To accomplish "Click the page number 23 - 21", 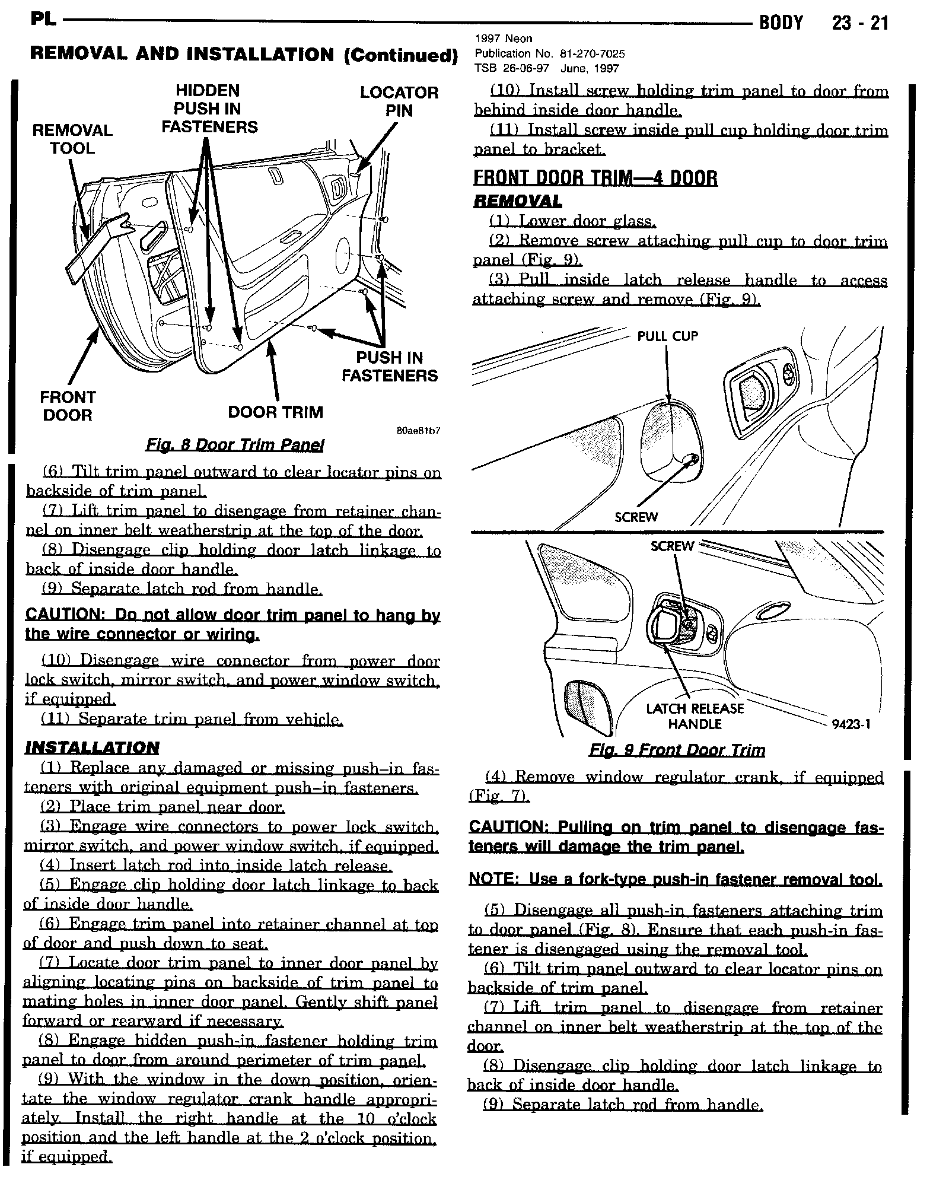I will pyautogui.click(x=859, y=23).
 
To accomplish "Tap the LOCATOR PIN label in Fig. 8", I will pyautogui.click(x=399, y=101).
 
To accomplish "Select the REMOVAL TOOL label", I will pyautogui.click(x=72, y=139).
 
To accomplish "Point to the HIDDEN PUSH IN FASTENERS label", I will pyautogui.click(x=209, y=109).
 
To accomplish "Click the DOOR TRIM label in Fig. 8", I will pyautogui.click(x=276, y=412).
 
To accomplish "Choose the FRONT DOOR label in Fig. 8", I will pyautogui.click(x=68, y=406).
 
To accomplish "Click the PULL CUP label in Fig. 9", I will pyautogui.click(x=667, y=336).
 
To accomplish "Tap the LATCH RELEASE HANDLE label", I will pyautogui.click(x=695, y=716).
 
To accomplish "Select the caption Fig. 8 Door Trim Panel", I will pyautogui.click(x=235, y=445).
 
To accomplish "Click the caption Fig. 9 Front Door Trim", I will pyautogui.click(x=677, y=750).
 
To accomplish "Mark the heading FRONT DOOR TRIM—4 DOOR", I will pyautogui.click(x=595, y=178).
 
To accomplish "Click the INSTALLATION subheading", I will pyautogui.click(x=92, y=747).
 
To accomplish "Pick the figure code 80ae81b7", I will pyautogui.click(x=418, y=431).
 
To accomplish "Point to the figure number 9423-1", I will pyautogui.click(x=851, y=724).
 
